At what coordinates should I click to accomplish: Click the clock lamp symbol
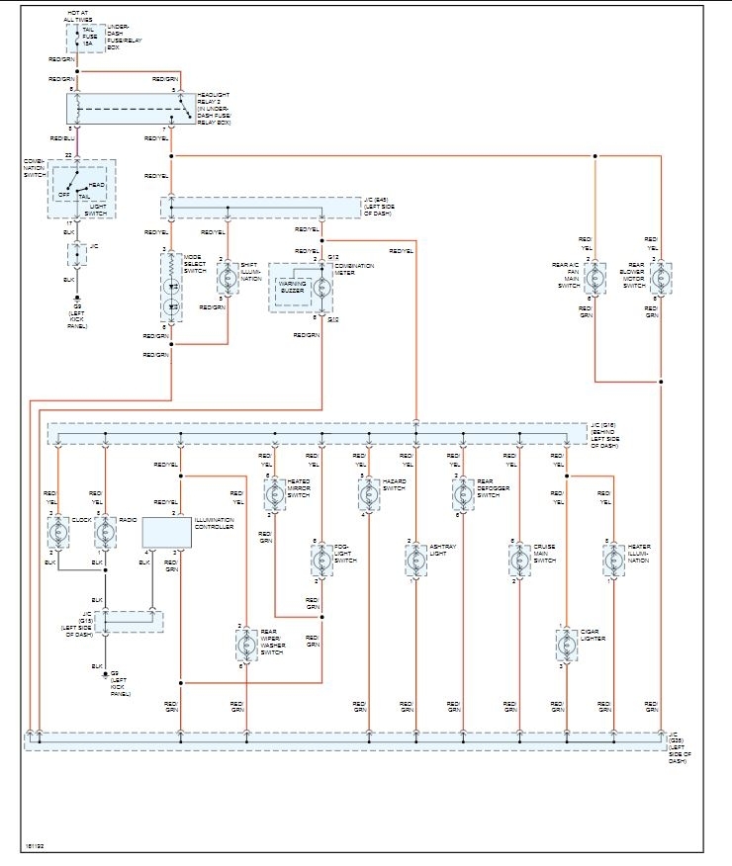click(x=57, y=534)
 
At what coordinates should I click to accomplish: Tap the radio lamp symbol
click(x=105, y=534)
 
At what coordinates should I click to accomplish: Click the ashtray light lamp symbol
click(x=415, y=561)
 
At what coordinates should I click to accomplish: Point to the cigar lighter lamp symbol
click(x=567, y=646)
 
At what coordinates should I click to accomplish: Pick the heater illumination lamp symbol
click(x=613, y=561)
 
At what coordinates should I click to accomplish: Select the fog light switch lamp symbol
click(x=321, y=561)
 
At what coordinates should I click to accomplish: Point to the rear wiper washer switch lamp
click(x=245, y=646)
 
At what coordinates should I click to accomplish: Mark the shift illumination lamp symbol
click(x=228, y=279)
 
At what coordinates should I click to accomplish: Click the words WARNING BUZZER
click(x=292, y=287)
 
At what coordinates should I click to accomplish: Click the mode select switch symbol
click(x=171, y=287)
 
